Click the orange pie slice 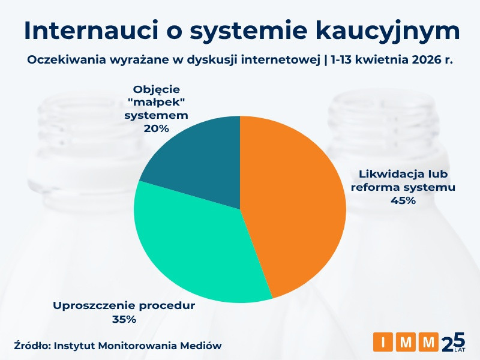pyautogui.click(x=294, y=204)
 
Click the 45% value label pyautogui.click(x=403, y=200)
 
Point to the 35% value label pyautogui.click(x=124, y=319)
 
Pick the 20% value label pyautogui.click(x=157, y=128)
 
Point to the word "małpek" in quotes pyautogui.click(x=157, y=101)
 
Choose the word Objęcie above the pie pyautogui.click(x=157, y=88)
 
